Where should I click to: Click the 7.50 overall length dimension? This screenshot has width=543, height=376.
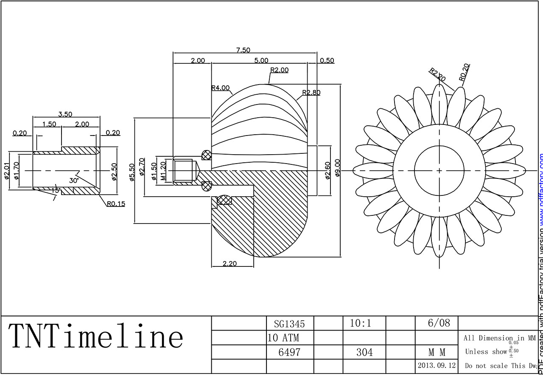point(243,50)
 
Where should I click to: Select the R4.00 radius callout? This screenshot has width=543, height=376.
point(221,88)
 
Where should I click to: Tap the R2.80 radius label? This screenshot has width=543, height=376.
point(311,93)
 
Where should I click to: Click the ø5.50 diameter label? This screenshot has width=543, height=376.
point(132,172)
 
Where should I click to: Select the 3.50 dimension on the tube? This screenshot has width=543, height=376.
point(65,114)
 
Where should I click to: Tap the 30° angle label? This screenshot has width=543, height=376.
point(74,180)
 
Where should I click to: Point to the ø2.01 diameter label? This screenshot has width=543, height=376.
point(7,172)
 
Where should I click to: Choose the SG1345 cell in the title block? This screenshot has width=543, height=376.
point(289,324)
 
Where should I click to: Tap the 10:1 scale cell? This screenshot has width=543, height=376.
point(361,323)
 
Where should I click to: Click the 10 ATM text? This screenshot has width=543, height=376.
point(283,338)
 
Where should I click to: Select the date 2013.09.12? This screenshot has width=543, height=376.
point(437,365)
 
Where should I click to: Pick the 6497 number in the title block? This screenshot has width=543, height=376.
point(289,352)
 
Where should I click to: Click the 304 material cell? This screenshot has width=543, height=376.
point(364,352)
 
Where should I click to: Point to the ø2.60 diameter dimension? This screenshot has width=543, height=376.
point(327,170)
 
